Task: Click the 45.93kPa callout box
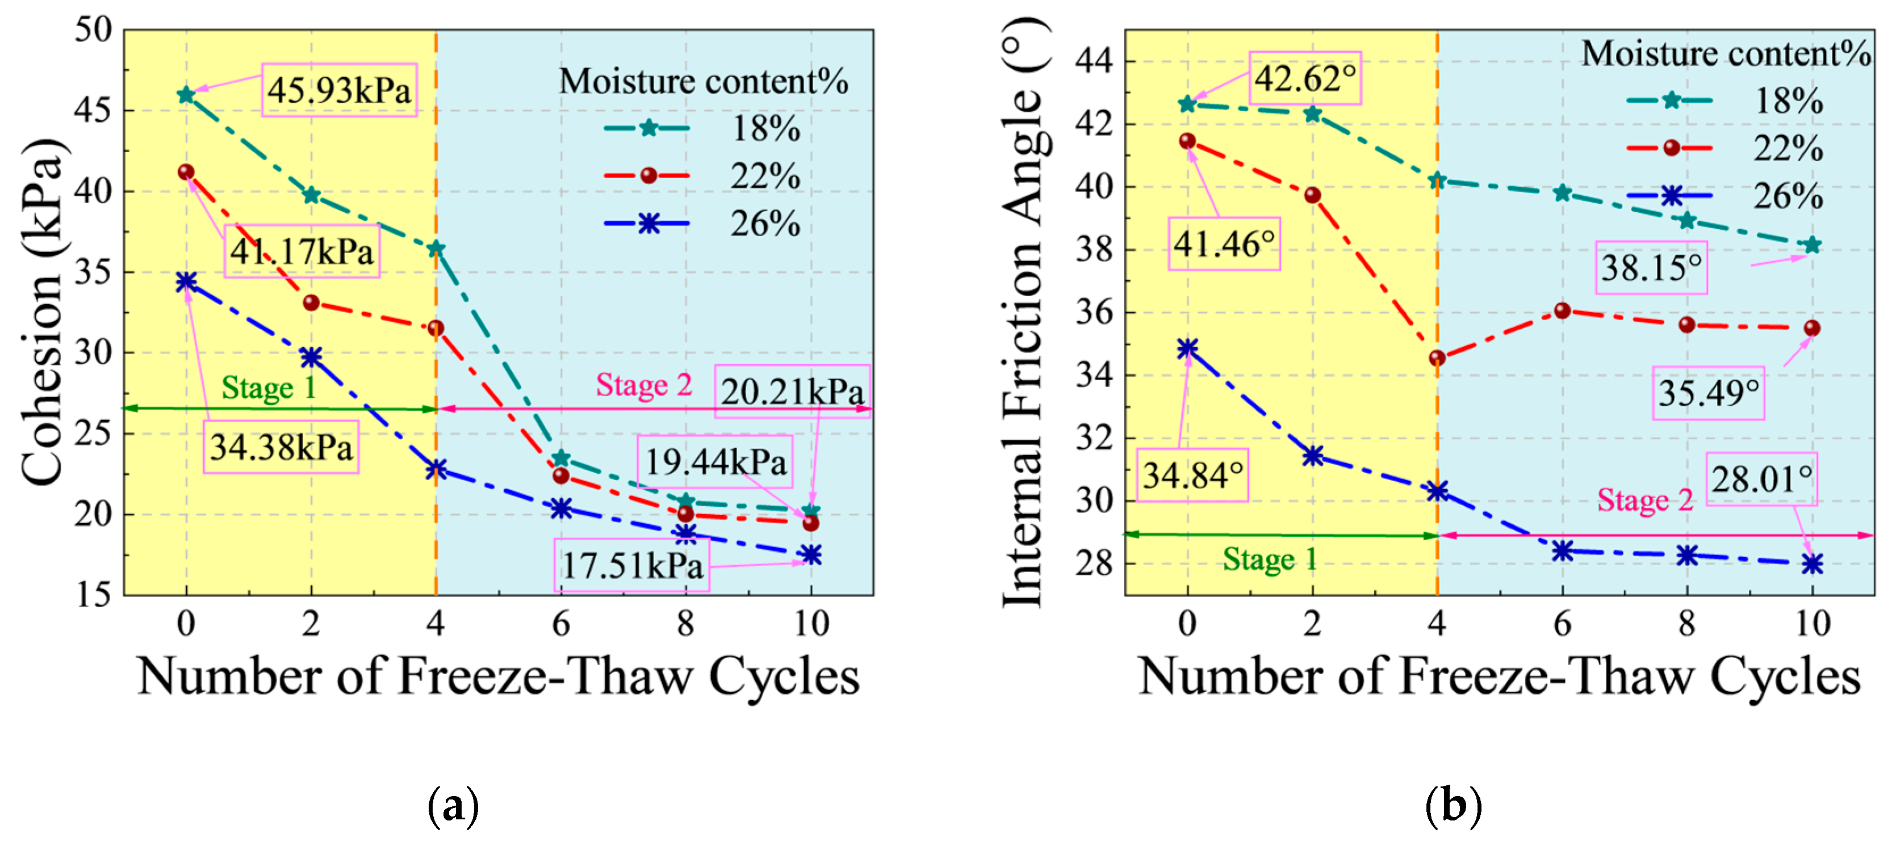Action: click(338, 90)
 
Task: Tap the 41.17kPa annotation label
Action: click(302, 251)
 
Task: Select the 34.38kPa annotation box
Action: click(281, 447)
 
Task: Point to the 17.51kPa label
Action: click(631, 566)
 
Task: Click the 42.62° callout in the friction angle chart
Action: click(1305, 78)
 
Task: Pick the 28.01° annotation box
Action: click(1761, 479)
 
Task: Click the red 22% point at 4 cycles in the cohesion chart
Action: click(436, 328)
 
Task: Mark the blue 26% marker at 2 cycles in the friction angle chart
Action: click(1312, 456)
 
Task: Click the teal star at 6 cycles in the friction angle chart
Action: click(1562, 193)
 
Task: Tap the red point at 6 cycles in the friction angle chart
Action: click(1562, 311)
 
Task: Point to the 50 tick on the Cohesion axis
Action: click(94, 31)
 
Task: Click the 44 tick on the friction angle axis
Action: click(1094, 61)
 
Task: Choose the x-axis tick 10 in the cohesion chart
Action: click(811, 624)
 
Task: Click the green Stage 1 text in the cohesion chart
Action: click(269, 388)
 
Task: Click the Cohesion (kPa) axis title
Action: click(44, 313)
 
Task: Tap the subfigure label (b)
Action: click(1453, 806)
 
